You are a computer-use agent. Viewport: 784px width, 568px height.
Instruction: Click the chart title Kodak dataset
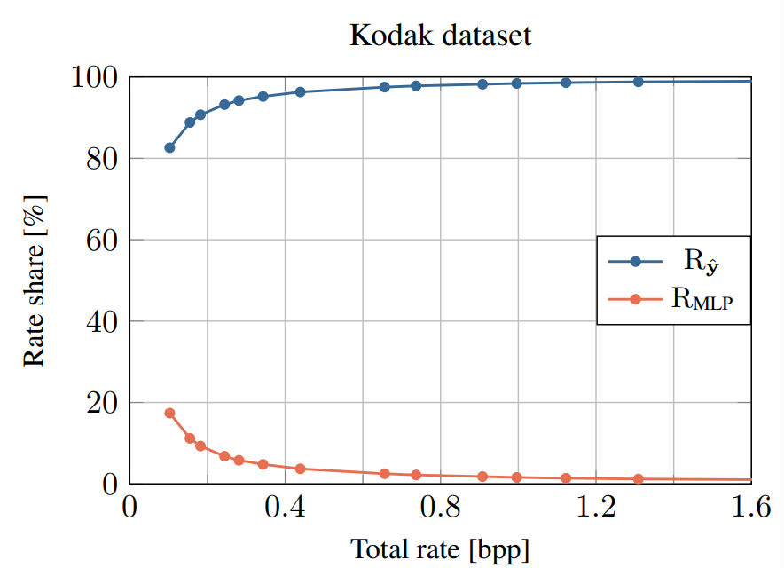(x=441, y=36)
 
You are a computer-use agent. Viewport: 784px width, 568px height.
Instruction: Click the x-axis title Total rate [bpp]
(x=440, y=548)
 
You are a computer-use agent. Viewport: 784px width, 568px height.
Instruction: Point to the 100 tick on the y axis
(x=94, y=78)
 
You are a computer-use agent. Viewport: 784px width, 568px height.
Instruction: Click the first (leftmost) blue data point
(x=169, y=147)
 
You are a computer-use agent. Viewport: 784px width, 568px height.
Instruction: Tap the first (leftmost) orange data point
(x=169, y=413)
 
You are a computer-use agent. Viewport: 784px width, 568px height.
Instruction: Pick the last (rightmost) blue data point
(x=638, y=82)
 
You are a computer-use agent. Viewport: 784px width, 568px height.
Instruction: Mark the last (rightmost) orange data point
(x=638, y=479)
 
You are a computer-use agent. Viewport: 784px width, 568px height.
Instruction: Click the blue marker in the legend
(x=635, y=261)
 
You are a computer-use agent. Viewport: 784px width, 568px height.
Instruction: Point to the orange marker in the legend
(x=635, y=299)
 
